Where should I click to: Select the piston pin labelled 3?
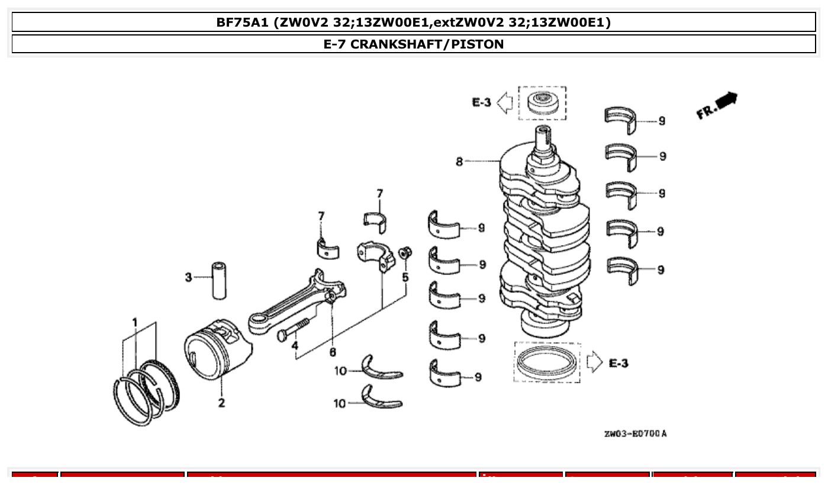point(218,278)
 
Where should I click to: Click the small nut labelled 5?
point(405,254)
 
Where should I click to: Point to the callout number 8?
point(459,161)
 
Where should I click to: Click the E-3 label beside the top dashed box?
point(481,102)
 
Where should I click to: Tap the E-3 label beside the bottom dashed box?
point(618,363)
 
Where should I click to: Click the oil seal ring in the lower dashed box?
point(546,362)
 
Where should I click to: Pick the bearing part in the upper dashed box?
point(542,104)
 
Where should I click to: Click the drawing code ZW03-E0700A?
point(635,434)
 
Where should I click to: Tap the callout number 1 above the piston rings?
point(135,322)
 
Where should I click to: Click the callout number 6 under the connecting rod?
point(333,352)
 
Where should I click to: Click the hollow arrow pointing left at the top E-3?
point(504,102)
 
